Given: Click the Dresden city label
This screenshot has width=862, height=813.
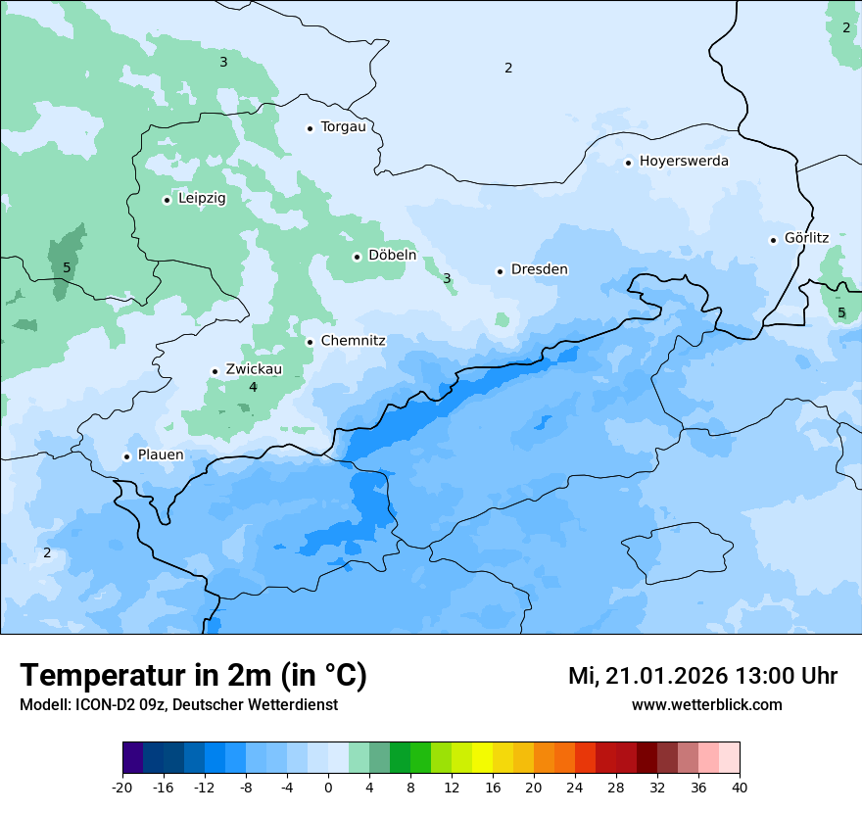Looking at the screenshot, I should [539, 269].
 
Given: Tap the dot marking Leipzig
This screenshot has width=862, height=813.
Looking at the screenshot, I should [168, 200].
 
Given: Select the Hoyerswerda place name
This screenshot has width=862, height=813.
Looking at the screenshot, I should [684, 161].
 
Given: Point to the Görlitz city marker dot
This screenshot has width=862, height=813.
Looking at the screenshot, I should [774, 239].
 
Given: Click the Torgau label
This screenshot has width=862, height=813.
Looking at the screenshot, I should [343, 126].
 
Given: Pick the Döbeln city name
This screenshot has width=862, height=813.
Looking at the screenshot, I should [392, 256].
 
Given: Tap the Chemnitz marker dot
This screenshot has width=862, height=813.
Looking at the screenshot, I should [311, 342].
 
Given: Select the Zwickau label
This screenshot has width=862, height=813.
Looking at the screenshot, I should [254, 369].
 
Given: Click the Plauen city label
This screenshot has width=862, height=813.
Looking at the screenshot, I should [161, 454].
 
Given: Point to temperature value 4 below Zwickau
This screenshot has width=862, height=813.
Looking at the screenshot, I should [253, 388].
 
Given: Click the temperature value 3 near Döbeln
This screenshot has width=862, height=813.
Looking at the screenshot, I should [447, 278].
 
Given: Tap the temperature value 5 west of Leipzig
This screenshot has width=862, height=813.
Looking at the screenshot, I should [67, 267].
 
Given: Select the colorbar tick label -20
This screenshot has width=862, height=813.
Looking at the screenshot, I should [122, 787].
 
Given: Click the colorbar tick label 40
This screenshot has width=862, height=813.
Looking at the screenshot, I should [740, 787].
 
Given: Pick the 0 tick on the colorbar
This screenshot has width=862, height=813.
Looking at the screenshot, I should [328, 787].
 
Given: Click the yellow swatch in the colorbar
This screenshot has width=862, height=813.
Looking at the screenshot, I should [482, 758].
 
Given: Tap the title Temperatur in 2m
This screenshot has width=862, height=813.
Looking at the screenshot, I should [193, 675].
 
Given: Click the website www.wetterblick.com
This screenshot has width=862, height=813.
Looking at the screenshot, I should [706, 704].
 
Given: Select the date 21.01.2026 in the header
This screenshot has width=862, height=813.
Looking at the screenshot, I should [665, 676].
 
